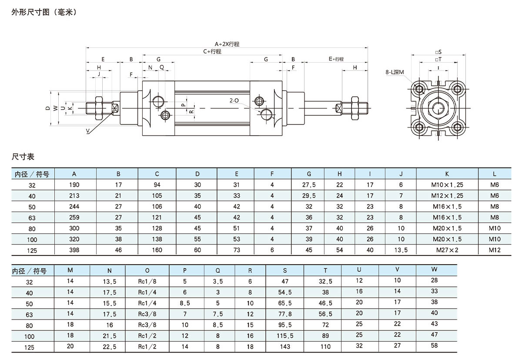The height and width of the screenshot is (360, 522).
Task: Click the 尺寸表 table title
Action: (x=23, y=156)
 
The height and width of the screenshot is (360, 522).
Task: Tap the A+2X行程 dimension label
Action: (x=227, y=44)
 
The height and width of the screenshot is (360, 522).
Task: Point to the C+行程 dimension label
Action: (x=212, y=51)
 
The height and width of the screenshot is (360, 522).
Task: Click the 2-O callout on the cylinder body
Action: (x=234, y=101)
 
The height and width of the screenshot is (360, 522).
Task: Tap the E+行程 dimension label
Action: (x=336, y=59)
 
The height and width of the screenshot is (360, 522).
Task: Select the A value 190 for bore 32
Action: (x=74, y=185)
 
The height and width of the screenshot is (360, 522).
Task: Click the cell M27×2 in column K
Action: (x=447, y=250)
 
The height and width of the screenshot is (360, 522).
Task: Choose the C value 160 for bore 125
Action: (x=157, y=250)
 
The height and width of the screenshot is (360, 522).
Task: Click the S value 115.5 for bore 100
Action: (x=285, y=336)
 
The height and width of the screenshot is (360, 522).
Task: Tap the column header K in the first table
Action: (x=447, y=174)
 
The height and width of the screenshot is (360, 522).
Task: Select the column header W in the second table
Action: (x=434, y=270)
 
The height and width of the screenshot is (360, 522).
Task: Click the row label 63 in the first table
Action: (x=32, y=218)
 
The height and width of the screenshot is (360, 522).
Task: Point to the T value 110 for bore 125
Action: (x=325, y=347)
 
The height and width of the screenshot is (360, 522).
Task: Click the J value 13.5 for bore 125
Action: (x=401, y=250)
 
